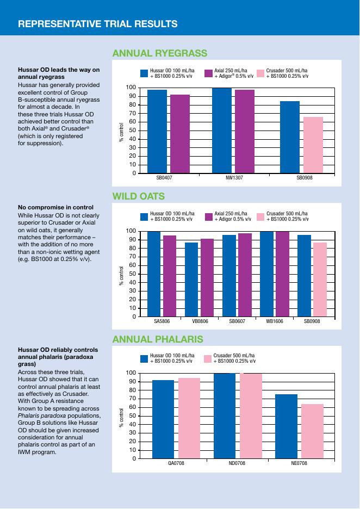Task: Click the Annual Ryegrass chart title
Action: pos(159,53)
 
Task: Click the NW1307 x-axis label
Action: pos(234,178)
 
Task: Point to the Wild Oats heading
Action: pos(138,196)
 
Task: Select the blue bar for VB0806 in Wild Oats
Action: pos(191,279)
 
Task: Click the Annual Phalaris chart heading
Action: pos(157,339)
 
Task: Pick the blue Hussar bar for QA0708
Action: pos(163,419)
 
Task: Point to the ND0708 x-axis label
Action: pos(237,463)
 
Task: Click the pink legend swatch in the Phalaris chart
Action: pos(207,358)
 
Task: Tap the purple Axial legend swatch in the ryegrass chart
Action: pos(208,73)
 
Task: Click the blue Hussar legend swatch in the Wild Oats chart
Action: pos(144,216)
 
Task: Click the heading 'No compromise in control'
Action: pos(55,207)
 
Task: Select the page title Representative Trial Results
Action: pos(98,23)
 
